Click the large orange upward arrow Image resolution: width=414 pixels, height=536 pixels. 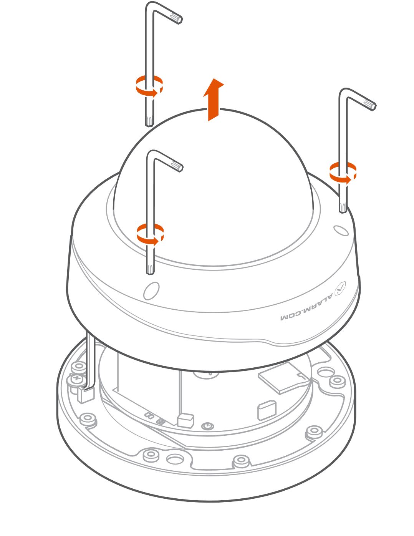coord(214,100)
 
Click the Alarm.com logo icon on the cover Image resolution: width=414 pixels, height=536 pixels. coord(340,288)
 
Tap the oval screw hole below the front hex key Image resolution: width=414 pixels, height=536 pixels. coord(151,290)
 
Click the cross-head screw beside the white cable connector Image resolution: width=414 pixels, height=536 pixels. coord(77,379)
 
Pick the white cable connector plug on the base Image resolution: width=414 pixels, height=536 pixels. coord(86,394)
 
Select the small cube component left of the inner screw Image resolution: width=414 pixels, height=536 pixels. coord(185,420)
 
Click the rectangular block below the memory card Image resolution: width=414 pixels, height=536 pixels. coord(267,410)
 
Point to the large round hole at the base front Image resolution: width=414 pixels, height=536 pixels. coord(175,459)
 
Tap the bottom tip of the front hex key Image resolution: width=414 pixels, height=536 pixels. coord(150,272)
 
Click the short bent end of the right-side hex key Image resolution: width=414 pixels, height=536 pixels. coord(367,104)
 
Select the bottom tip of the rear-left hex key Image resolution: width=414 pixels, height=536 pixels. coord(149,125)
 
